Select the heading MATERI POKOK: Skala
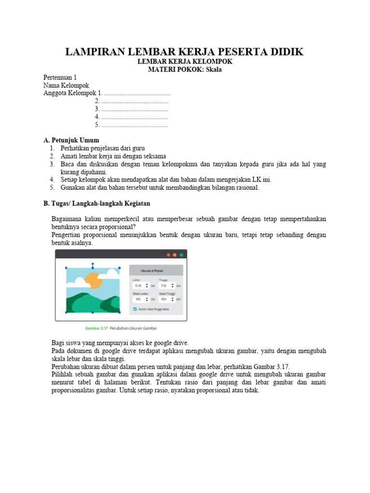tap(185, 70)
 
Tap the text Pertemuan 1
tap(60, 78)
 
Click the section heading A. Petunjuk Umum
tap(71, 140)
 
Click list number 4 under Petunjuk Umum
tap(52, 180)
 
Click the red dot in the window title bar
tap(168, 255)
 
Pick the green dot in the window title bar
tap(181, 255)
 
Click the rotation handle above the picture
tap(92, 264)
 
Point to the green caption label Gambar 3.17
tap(96, 329)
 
